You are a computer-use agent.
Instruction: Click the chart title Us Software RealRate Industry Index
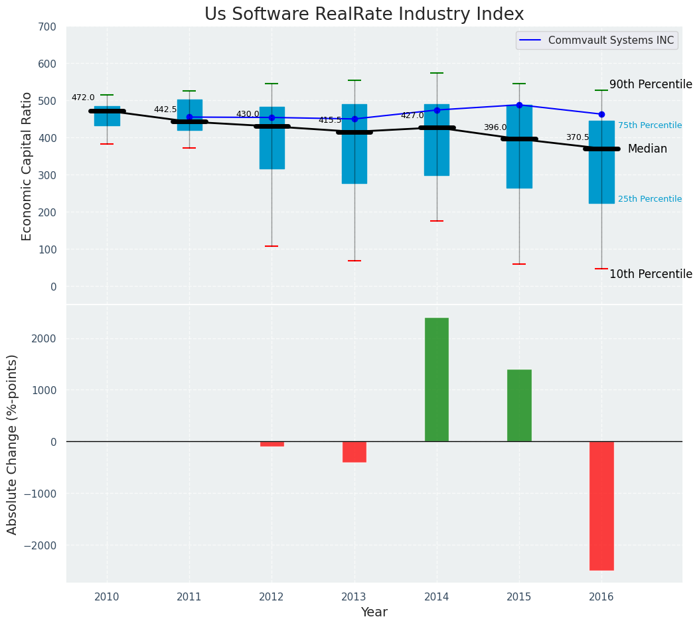click(364, 15)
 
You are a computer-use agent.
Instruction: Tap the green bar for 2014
click(437, 380)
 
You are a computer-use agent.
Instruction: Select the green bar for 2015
click(519, 405)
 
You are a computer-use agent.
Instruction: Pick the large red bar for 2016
click(601, 506)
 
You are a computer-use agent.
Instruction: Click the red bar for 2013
click(354, 452)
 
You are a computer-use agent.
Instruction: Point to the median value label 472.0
click(83, 98)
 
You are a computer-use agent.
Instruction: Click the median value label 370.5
click(578, 137)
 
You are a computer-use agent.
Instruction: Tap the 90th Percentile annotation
click(651, 84)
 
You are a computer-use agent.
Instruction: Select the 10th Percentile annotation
click(651, 274)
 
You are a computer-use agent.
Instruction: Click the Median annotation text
click(647, 149)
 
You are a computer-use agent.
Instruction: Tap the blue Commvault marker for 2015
click(519, 105)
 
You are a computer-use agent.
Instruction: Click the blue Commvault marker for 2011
click(189, 117)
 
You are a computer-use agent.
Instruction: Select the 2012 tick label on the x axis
click(272, 597)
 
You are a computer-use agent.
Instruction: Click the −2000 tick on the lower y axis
click(42, 545)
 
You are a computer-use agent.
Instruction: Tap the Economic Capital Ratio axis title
click(27, 167)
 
